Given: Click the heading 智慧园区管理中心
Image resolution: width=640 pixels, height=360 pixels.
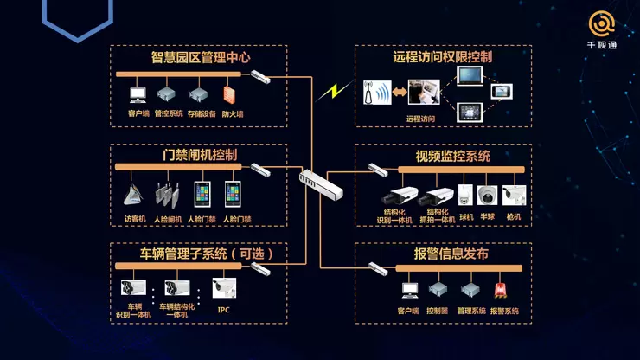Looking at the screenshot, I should tap(201, 58).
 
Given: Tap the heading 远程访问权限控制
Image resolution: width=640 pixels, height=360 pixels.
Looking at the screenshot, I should tap(443, 58).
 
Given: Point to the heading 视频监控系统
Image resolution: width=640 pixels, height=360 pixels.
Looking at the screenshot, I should tap(452, 157).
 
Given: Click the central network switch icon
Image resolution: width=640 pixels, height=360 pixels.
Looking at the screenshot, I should tap(321, 183).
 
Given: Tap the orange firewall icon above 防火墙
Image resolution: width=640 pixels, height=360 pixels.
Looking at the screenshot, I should tap(229, 93).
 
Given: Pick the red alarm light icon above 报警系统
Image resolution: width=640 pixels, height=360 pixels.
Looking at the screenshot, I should tap(500, 290).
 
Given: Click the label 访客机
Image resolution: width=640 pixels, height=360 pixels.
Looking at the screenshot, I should tap(135, 219).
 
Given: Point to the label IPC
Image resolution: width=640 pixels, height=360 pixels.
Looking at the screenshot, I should tap(223, 310).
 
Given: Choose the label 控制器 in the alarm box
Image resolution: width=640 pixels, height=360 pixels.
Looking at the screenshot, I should tap(437, 310).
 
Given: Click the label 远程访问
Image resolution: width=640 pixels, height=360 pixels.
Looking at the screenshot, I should tap(421, 118).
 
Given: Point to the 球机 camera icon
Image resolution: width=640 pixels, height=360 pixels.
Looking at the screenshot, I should tap(466, 195).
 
